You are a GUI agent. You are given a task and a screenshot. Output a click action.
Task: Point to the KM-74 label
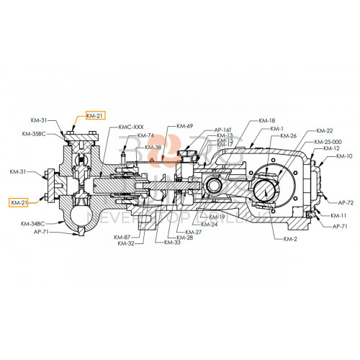pos(146,136)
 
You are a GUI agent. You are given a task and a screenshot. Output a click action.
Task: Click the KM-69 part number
pos(185,127)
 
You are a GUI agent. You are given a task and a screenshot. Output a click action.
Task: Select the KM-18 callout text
pos(266,120)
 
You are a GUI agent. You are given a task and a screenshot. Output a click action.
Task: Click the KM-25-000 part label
pos(328,142)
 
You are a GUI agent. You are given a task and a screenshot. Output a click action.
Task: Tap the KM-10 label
pos(345,156)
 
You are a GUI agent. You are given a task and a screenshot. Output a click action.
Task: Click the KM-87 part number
pos(122,237)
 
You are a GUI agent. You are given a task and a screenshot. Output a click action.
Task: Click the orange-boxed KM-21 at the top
pos(95,115)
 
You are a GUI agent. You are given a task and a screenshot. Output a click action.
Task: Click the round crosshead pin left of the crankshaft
pos(215,186)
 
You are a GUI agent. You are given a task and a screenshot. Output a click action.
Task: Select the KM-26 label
pos(288,136)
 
